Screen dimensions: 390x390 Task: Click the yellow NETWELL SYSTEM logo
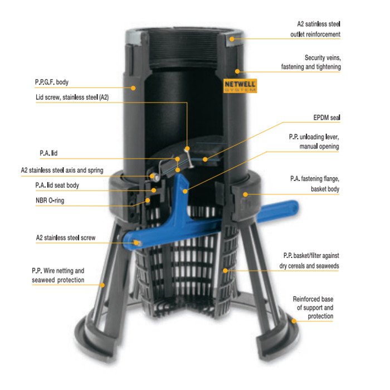pyautogui.click(x=240, y=86)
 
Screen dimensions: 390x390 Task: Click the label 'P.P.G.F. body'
pyautogui.click(x=52, y=82)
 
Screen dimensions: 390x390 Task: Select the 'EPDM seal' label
pyautogui.click(x=326, y=118)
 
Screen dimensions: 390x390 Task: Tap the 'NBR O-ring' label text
pyautogui.click(x=50, y=200)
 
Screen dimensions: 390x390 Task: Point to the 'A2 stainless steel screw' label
pyautogui.click(x=66, y=237)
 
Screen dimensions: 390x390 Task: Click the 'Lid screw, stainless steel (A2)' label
pyautogui.click(x=72, y=97)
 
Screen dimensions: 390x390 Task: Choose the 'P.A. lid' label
pyautogui.click(x=48, y=153)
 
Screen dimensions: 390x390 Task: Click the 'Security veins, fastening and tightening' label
pyautogui.click(x=311, y=62)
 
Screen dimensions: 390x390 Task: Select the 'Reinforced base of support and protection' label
pyautogui.click(x=313, y=308)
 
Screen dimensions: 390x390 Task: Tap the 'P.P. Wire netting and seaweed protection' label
pyautogui.click(x=58, y=275)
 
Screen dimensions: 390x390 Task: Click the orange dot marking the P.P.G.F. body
pyautogui.click(x=133, y=88)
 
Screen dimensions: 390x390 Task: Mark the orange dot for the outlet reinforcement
pyautogui.click(x=232, y=39)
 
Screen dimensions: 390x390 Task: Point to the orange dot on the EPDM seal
pyautogui.click(x=205, y=159)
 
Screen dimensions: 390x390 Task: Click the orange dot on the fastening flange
pyautogui.click(x=246, y=194)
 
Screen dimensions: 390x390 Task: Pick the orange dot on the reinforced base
pyautogui.click(x=294, y=321)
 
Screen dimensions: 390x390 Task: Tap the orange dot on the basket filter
pyautogui.click(x=225, y=271)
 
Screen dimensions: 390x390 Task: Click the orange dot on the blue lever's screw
pyautogui.click(x=136, y=242)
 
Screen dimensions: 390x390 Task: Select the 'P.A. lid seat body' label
pyautogui.click(x=57, y=186)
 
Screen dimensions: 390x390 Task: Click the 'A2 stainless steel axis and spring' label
pyautogui.click(x=62, y=170)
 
